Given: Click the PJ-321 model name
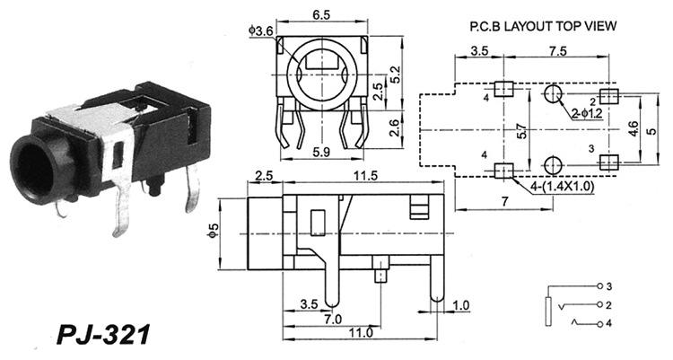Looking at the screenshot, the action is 104,334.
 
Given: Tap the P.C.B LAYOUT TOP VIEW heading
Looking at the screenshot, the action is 543,26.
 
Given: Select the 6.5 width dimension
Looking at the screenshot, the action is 321,15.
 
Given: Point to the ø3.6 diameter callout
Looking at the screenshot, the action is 260,31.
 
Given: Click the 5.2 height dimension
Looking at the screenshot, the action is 395,75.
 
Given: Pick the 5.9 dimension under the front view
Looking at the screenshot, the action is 321,152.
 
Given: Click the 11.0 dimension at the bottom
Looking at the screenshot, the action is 361,332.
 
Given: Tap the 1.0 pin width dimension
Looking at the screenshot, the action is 461,305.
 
